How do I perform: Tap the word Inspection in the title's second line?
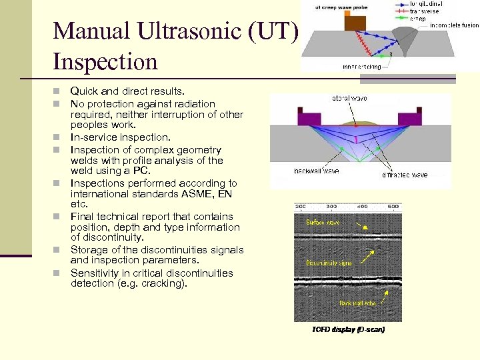(105, 62)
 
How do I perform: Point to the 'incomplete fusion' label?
(454, 25)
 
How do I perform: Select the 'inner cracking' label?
(361, 67)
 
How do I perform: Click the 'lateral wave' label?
(349, 99)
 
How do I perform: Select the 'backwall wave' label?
(316, 171)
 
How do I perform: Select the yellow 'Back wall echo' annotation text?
(357, 303)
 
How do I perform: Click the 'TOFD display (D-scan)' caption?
(348, 329)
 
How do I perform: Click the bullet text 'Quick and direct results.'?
(127, 91)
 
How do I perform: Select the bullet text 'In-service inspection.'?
(120, 137)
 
